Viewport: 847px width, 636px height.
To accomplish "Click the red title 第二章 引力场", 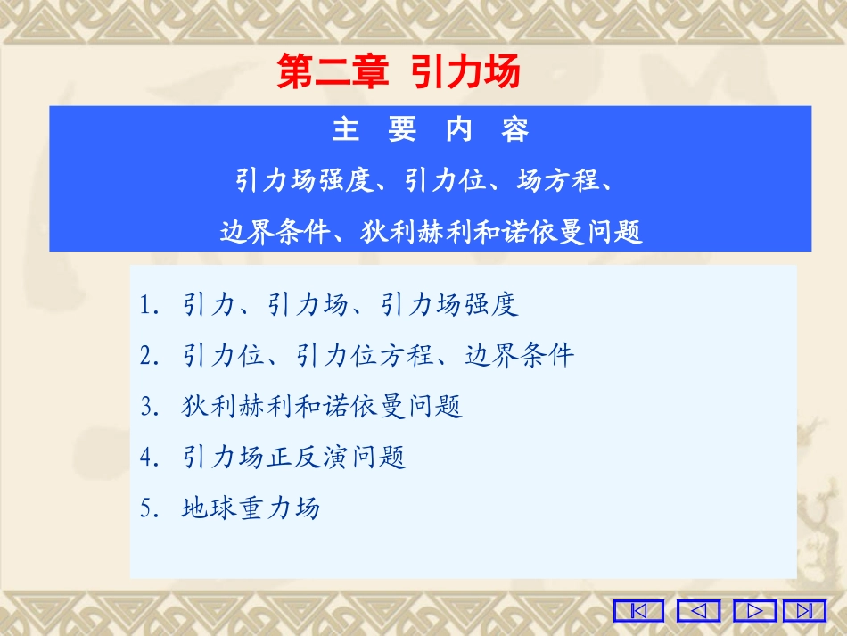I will click(399, 72).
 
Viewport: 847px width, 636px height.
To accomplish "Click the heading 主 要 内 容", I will click(431, 130).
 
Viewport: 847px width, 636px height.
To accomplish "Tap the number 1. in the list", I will click(149, 305).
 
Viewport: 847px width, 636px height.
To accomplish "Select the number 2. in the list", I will click(149, 356).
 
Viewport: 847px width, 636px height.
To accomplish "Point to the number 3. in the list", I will click(149, 407).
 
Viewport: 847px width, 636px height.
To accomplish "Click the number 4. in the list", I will click(149, 458).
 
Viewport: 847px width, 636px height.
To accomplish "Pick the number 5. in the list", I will click(149, 508).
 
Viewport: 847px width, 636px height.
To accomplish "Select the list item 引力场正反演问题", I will click(293, 458).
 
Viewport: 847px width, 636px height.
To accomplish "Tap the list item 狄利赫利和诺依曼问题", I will click(322, 407).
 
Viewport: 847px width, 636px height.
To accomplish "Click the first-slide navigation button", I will click(638, 611).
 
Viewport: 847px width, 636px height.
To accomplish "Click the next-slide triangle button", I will click(755, 611).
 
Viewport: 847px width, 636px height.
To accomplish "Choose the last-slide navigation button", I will click(804, 611).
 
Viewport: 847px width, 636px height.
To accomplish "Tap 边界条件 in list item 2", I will click(520, 356).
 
